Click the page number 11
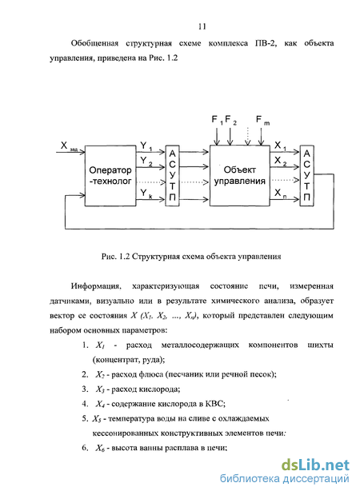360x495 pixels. pos(202,26)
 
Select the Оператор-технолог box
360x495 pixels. pos(110,176)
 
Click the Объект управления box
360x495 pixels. pos(240,176)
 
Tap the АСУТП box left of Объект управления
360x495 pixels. pos(173,176)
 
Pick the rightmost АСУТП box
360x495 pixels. pos(306,176)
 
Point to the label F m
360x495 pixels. pos(262,120)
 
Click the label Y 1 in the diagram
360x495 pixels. pos(146,146)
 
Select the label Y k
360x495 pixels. pos(146,193)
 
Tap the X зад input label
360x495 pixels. pos(69,146)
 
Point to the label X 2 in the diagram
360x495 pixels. pos(281,161)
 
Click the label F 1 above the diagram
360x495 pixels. pos(218,120)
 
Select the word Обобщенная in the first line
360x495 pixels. pos(94,43)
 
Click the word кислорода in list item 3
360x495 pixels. pos(161,389)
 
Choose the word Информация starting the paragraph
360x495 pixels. pos(96,286)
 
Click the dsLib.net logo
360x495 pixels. pos(315,465)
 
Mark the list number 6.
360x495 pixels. pos(85,448)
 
